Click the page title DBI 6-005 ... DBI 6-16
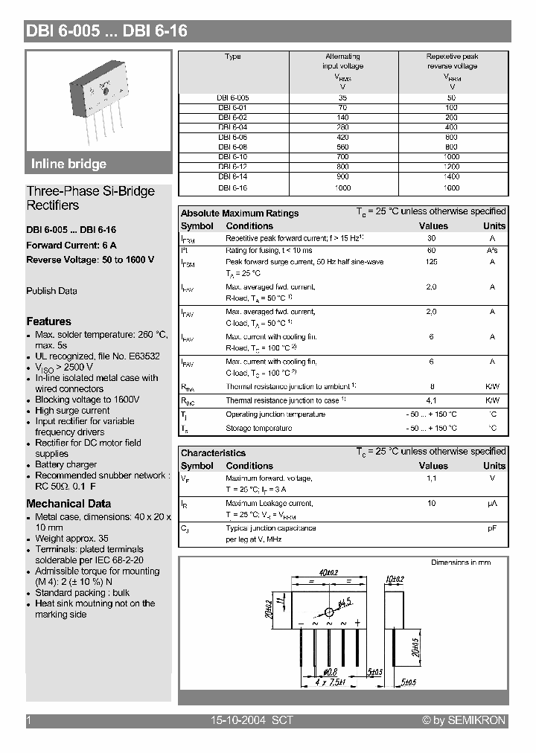tap(107, 31)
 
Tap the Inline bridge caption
tap(68, 164)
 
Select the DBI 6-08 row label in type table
tap(232, 147)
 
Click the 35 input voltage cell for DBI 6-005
tap(342, 97)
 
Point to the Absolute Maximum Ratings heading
tap(240, 213)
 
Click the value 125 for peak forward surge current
tap(431, 262)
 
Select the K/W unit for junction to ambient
tap(493, 386)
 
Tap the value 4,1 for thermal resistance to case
tap(431, 400)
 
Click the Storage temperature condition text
tap(258, 429)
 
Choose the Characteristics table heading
tap(213, 452)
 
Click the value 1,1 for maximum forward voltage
tap(431, 478)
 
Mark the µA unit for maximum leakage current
tap(493, 504)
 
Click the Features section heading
tap(48, 321)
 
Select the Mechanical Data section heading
tap(68, 504)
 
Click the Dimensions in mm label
tap(461, 563)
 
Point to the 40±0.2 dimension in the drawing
tap(328, 572)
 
